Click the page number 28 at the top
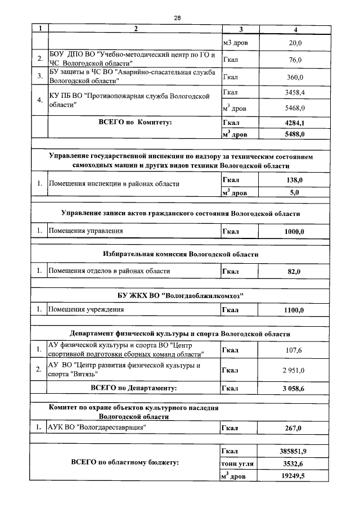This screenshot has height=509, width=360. coord(177,18)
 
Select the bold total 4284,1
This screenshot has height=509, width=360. coord(295,122)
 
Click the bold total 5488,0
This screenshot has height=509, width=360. coord(295,134)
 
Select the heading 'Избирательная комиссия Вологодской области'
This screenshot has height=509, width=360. coord(181,254)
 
